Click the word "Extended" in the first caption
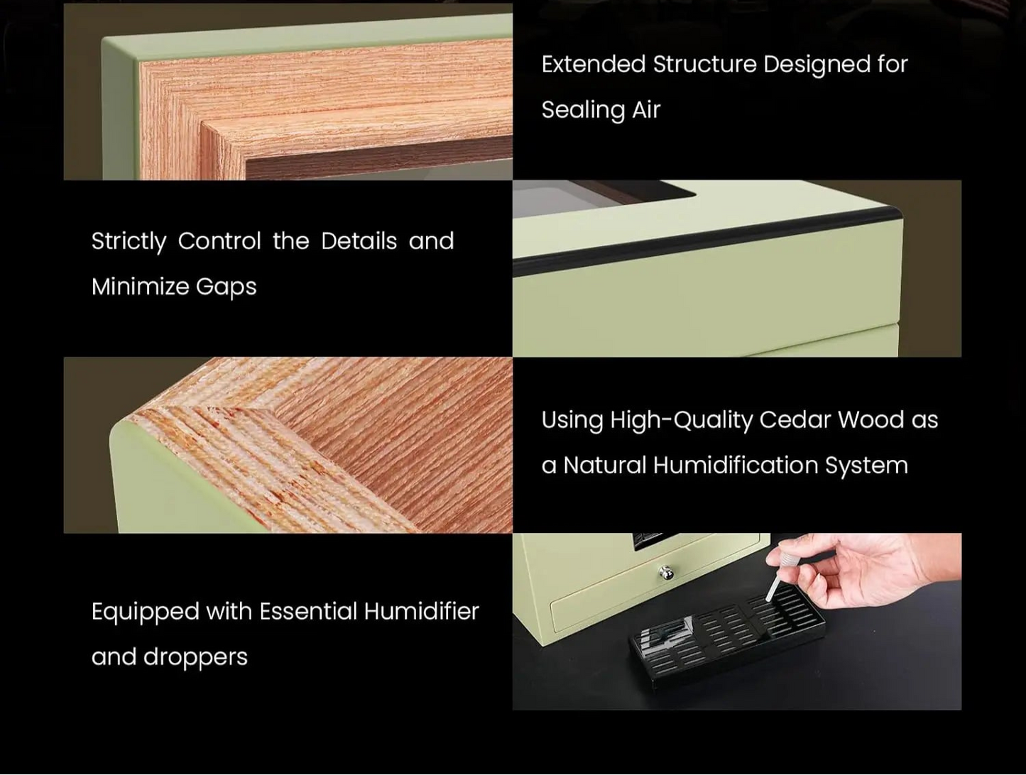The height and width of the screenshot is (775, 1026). pos(594,64)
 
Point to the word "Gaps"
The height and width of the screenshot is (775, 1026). pos(227,287)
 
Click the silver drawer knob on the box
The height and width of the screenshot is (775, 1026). pos(665,572)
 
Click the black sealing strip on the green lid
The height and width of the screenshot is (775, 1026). pos(708,238)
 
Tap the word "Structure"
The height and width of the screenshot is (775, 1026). pos(704,64)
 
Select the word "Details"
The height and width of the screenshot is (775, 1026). pos(359,241)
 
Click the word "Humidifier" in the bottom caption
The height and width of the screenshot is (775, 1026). pos(422,611)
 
